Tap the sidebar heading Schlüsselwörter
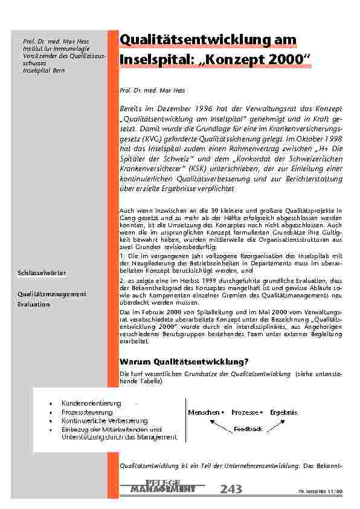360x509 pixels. [x=42, y=273]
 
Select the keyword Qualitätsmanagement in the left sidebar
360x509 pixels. [x=51, y=294]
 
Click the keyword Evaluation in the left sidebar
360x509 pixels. [x=33, y=305]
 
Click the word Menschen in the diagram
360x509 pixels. [x=204, y=412]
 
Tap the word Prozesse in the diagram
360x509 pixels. [x=245, y=412]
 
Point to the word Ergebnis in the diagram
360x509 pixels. [x=283, y=412]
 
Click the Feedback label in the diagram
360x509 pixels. [x=248, y=429]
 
